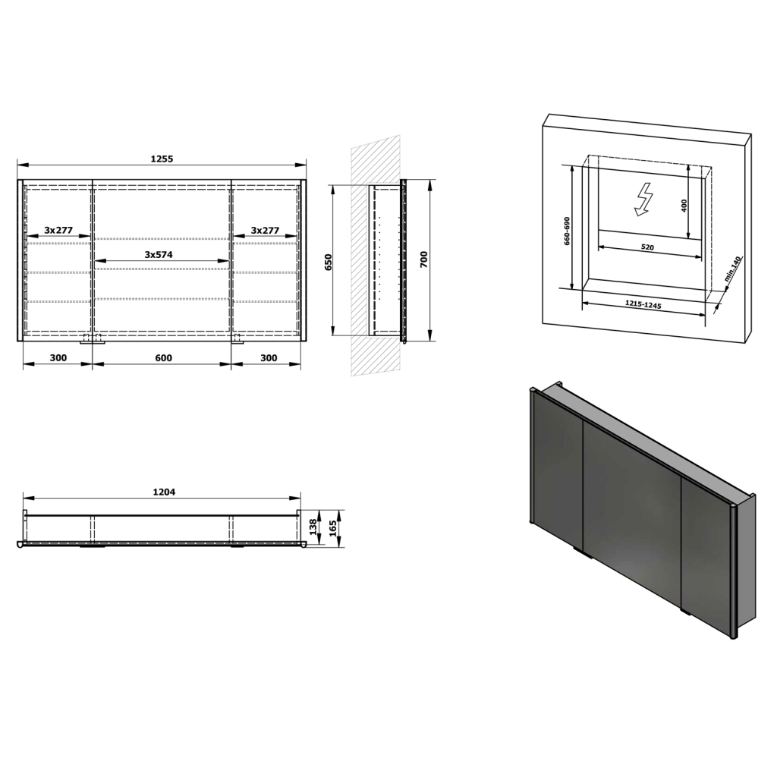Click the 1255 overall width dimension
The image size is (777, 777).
coord(162,159)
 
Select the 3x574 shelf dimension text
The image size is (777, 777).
coord(159,255)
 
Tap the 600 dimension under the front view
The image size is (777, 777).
coord(163,357)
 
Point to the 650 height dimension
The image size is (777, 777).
coord(329,262)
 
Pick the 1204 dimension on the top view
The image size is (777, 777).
coord(163,492)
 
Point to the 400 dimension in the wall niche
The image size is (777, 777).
coord(684,206)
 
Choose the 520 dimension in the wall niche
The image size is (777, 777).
coord(647,247)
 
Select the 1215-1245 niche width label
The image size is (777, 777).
coord(643,304)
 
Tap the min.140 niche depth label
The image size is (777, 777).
coord(732,269)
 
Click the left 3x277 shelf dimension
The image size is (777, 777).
coord(58,230)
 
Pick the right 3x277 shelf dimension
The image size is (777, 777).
coord(265,230)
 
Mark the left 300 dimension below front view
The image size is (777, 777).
coord(58,357)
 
